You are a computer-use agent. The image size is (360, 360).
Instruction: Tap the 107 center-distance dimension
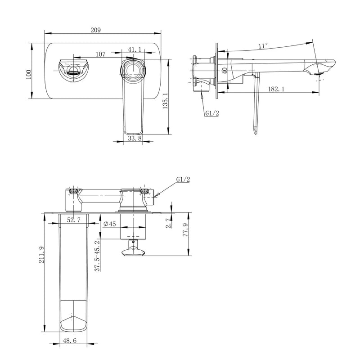100,54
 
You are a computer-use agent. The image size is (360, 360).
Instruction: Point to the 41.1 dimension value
135,49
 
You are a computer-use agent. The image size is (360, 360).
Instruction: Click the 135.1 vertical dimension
165,102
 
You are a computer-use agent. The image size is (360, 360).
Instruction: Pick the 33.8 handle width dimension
135,139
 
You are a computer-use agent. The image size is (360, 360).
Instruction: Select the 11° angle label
263,45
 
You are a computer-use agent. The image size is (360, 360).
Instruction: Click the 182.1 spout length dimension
275,90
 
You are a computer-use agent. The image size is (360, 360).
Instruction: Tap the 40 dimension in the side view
224,71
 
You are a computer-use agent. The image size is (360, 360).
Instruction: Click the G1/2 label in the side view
211,113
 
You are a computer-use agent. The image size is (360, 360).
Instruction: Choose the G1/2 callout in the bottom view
183,179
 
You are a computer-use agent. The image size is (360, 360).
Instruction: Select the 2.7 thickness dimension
168,222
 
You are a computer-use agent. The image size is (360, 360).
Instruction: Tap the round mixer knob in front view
134,71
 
